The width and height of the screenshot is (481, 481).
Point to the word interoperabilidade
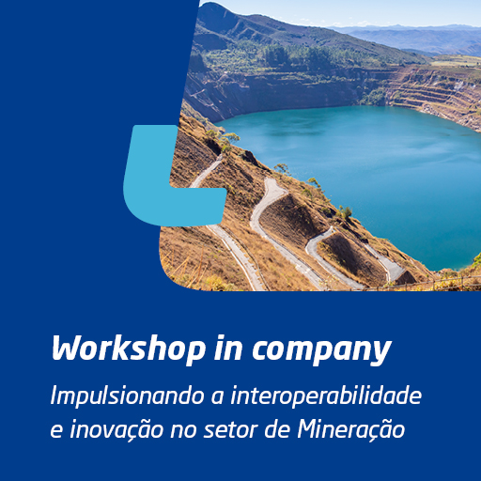click(x=326, y=396)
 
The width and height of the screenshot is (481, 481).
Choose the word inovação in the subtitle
click(x=116, y=429)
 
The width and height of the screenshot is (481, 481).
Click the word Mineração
click(x=350, y=429)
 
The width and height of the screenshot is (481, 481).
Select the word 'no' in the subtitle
click(x=183, y=431)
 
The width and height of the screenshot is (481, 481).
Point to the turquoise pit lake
click(x=360, y=176)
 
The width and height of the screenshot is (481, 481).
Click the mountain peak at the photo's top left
click(x=210, y=5)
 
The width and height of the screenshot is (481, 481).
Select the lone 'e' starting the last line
click(x=56, y=431)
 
